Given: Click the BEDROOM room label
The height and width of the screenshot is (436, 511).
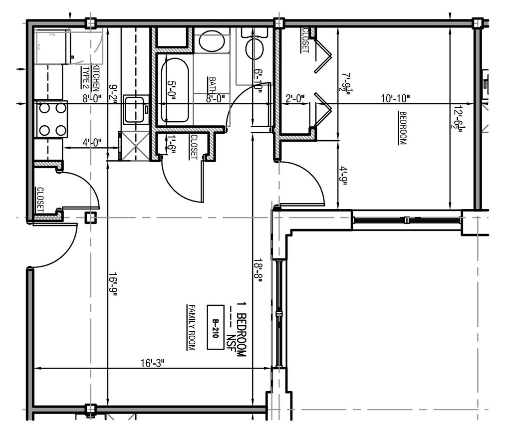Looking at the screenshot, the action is pos(402,128).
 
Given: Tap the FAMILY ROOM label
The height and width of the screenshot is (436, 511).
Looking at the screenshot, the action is pos(190,327).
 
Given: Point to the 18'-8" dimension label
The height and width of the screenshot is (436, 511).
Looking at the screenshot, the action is pos(257,270).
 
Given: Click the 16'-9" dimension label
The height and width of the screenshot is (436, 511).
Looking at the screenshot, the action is pos(113,284).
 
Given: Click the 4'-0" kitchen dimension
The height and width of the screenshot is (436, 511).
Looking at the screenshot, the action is pos(90,142).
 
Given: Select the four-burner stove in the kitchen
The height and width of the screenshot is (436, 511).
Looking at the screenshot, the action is pos(52,119).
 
